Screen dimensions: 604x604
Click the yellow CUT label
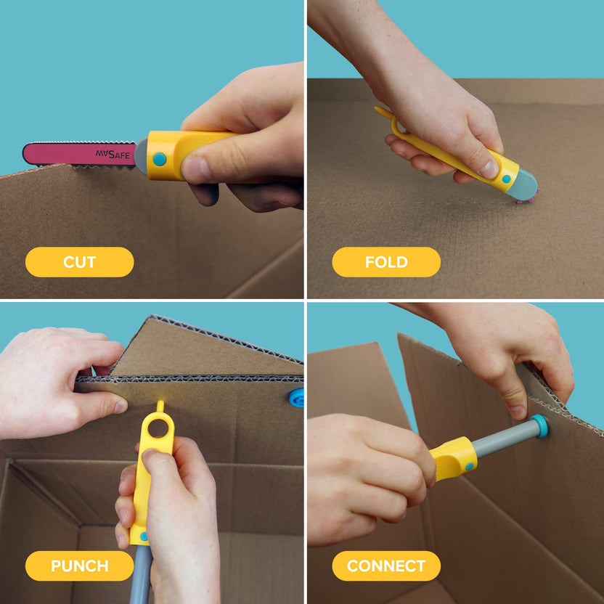click(79, 262)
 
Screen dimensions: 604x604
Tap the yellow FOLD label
click(386, 262)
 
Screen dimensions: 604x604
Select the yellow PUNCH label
click(79, 566)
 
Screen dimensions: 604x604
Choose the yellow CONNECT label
click(386, 566)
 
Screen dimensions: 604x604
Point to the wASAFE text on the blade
click(113, 154)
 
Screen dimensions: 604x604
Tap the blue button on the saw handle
click(160, 159)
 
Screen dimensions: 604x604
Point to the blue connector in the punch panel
click(297, 397)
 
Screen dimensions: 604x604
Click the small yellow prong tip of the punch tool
click(160, 404)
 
